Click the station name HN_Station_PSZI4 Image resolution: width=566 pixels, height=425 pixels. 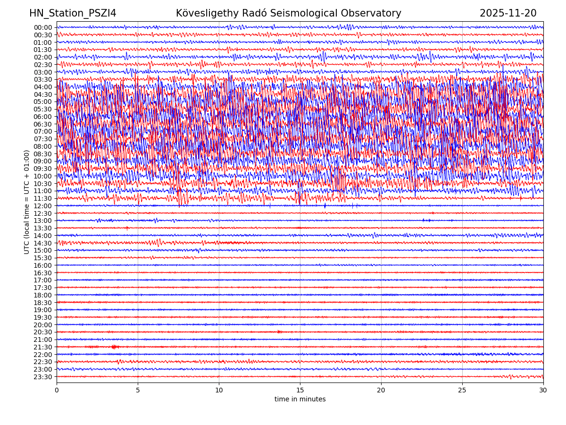click(73, 13)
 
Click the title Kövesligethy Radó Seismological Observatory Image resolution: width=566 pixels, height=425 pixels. click(288, 13)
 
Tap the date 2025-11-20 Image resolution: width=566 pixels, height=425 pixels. click(508, 13)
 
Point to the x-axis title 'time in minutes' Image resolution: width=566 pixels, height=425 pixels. click(300, 399)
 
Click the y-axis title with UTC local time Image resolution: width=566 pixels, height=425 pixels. click(27, 202)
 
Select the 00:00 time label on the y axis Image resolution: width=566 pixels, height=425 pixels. click(43, 27)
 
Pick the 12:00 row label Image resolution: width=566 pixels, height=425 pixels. click(43, 206)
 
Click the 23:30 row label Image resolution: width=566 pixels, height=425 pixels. click(43, 377)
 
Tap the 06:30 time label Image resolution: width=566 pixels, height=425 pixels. click(43, 124)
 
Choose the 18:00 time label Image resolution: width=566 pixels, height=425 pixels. click(43, 295)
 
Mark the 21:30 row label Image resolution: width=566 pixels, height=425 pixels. click(43, 347)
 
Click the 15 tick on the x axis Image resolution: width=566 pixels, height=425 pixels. click(300, 390)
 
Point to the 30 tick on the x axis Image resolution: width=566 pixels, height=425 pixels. click(543, 390)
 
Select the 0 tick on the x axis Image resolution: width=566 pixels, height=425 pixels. click(57, 390)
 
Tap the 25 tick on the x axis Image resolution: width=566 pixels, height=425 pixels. click(462, 390)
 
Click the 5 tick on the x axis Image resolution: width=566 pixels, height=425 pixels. click(138, 390)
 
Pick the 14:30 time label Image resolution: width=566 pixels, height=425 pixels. click(43, 243)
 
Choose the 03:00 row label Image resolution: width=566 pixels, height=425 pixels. click(43, 72)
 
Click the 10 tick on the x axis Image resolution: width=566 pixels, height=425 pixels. click(219, 390)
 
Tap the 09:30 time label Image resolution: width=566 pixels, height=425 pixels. click(43, 169)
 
